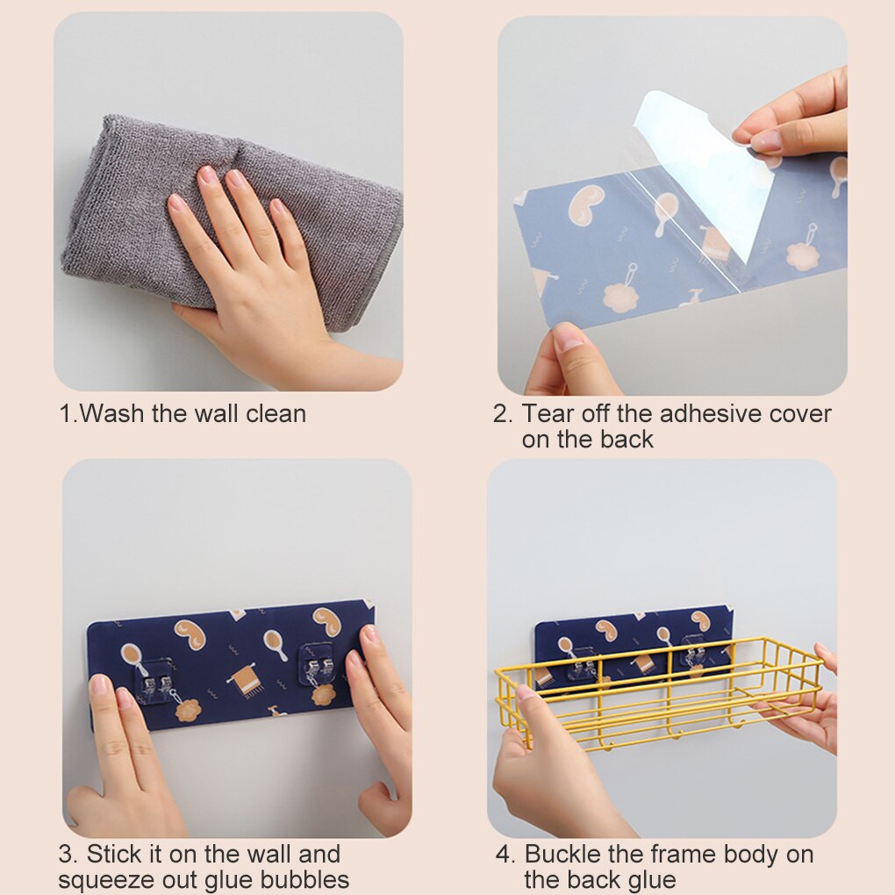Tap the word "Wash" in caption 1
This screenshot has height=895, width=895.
coord(113,414)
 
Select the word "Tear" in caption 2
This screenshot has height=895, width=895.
coord(548,414)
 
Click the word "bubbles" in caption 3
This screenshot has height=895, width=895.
coord(305,879)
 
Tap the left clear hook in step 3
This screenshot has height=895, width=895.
coord(155,680)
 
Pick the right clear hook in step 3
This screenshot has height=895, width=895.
coord(318,665)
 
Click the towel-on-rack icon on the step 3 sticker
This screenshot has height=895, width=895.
coord(247,679)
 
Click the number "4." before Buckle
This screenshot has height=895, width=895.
coord(505,855)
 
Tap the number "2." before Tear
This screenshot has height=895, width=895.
coord(503,414)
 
